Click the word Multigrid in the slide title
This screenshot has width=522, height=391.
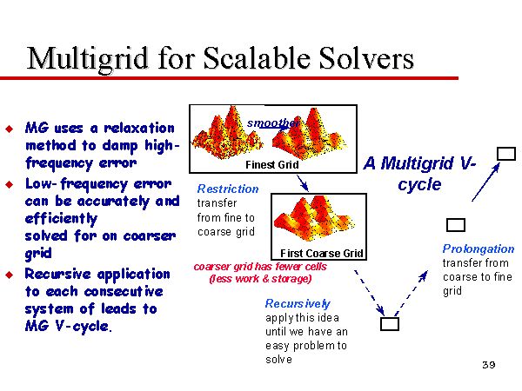(87, 59)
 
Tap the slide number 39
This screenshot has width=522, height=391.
(489, 365)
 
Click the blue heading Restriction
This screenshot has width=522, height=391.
(228, 189)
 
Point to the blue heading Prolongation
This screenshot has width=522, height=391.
(478, 249)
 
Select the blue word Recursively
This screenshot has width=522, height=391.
(298, 303)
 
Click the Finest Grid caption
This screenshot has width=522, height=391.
(272, 164)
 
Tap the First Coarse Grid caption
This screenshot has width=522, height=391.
(321, 254)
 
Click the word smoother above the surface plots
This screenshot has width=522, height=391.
(273, 123)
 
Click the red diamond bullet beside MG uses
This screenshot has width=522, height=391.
(10, 129)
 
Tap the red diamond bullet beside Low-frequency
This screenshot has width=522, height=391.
(10, 184)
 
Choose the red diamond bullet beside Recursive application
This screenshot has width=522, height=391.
(10, 275)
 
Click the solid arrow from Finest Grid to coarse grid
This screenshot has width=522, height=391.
(303, 183)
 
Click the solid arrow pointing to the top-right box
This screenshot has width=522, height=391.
(486, 182)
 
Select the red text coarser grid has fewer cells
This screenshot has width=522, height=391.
(260, 267)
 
